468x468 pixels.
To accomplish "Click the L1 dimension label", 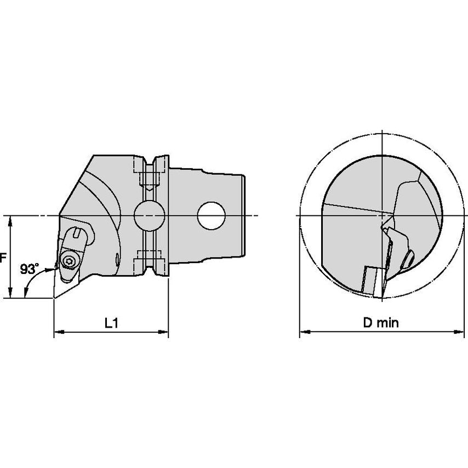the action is pos(112,323).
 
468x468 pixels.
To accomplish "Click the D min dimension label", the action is pos(381,323).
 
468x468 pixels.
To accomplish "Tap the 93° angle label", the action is pos(30,269).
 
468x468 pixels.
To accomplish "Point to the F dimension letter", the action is pos(3,258).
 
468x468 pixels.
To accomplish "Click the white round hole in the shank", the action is pos(211,216).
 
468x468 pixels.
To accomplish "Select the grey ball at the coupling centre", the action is pos(149,216).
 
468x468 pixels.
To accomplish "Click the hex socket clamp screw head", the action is pos(69,261).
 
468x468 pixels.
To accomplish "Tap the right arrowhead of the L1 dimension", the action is pos(163,332).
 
